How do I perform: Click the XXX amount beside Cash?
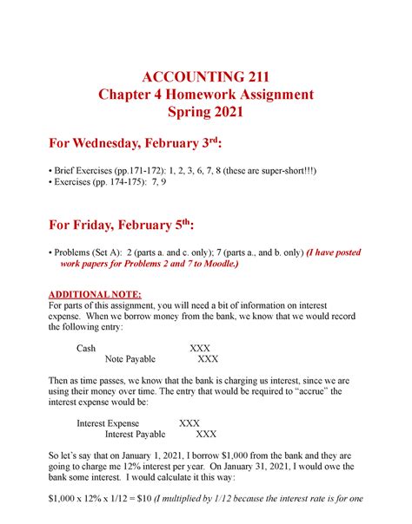(201, 347)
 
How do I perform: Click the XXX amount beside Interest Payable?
(207, 436)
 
